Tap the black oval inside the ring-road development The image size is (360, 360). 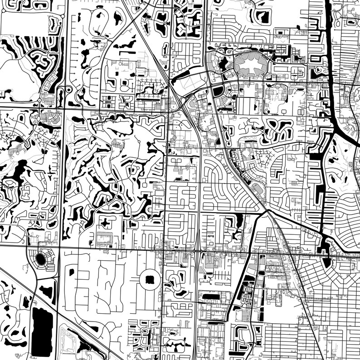41,260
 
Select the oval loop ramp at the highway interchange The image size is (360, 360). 183,100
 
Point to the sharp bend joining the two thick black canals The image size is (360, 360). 333,131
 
